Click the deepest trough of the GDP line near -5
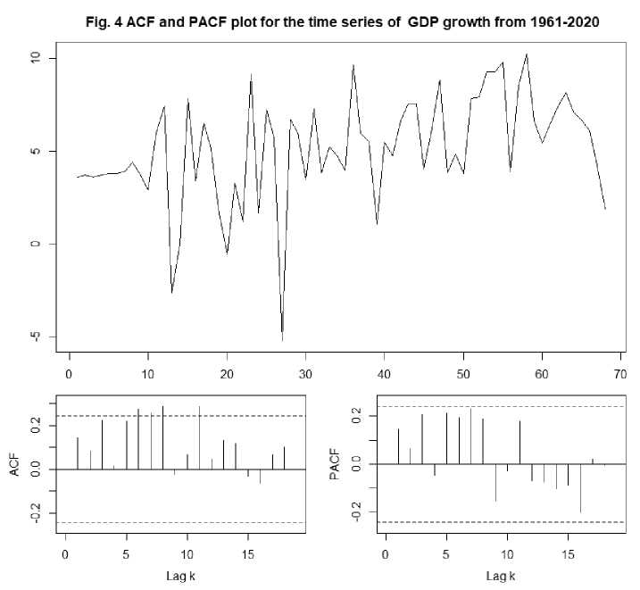pyautogui.click(x=282, y=339)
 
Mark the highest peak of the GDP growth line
pyautogui.click(x=527, y=54)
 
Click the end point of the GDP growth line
pyautogui.click(x=605, y=209)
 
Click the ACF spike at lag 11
pyautogui.click(x=199, y=437)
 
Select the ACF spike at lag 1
pyautogui.click(x=78, y=453)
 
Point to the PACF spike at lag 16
pyautogui.click(x=580, y=488)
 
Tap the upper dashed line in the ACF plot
pyautogui.click(x=179, y=416)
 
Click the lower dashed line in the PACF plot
pyautogui.click(x=500, y=521)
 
